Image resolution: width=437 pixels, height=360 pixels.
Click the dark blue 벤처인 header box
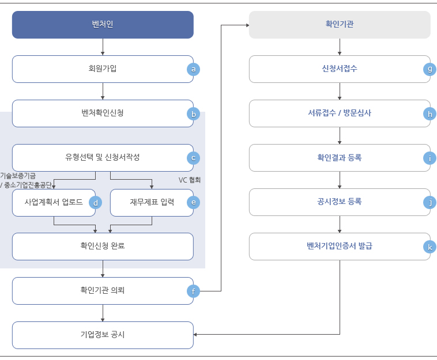103,25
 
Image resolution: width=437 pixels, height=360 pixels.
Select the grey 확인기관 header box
340,25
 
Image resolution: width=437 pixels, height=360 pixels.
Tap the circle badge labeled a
193,69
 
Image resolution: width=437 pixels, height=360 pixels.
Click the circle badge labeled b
193,114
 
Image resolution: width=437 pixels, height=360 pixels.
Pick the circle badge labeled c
193,158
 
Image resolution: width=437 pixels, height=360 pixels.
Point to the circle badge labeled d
95,203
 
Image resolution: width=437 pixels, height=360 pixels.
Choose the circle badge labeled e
193,203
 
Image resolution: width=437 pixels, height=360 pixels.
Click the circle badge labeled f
193,291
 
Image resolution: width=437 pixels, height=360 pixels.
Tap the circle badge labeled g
430,69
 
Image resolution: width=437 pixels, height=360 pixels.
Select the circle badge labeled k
430,247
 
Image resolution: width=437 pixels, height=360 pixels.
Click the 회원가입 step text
103,69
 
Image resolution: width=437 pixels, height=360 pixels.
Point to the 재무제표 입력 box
152,203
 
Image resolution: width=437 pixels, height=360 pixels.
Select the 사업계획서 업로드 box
54,203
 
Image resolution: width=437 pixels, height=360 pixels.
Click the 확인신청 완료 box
103,247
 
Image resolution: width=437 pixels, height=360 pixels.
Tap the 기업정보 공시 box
103,335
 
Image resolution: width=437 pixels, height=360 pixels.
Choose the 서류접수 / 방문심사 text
340,113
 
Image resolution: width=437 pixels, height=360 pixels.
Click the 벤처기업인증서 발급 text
340,246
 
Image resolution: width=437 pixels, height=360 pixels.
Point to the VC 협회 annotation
190,180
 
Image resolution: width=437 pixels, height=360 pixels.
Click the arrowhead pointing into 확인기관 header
247,25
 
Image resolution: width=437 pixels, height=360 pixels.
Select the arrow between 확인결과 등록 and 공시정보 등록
340,180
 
